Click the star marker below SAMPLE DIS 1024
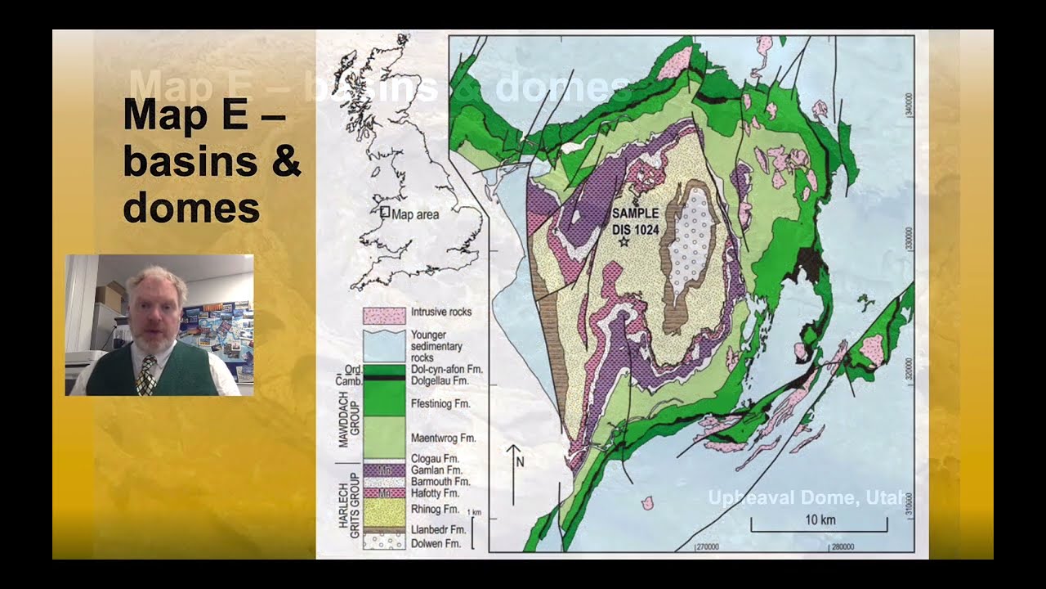624,241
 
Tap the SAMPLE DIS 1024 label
635,221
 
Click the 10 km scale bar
819,528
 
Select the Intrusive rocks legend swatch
384,315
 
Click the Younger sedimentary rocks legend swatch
384,345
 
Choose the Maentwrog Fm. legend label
443,438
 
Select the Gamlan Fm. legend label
437,470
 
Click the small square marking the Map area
384,211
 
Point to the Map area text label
415,215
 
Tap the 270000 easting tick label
707,546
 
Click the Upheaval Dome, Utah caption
808,498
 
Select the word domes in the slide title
191,208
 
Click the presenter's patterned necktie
147,375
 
